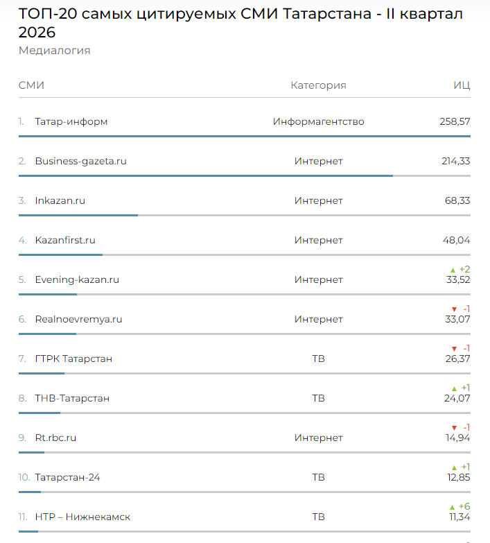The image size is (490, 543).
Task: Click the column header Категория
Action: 318,85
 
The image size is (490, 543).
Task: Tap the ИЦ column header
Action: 462,85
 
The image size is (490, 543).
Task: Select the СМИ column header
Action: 31,85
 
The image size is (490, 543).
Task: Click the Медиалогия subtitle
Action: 54,51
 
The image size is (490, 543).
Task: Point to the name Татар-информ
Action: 71,121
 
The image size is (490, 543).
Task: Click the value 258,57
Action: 455,121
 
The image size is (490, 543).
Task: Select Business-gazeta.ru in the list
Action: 80,161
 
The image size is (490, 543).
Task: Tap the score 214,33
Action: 456,161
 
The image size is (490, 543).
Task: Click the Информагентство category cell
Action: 318,121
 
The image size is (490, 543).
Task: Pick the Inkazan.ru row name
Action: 60,200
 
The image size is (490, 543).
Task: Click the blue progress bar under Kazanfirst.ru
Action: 60,255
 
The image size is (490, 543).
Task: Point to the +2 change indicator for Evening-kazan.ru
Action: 460,270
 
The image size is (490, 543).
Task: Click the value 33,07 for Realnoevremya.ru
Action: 457,319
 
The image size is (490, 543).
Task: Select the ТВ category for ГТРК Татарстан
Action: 318,359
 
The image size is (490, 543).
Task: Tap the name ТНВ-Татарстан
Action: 72,398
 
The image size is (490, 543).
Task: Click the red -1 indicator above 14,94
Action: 461,428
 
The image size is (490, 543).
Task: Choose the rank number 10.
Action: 24,477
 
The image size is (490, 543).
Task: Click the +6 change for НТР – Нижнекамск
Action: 460,507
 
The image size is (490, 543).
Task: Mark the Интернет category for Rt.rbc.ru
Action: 318,438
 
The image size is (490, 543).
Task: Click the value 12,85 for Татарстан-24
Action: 459,477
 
